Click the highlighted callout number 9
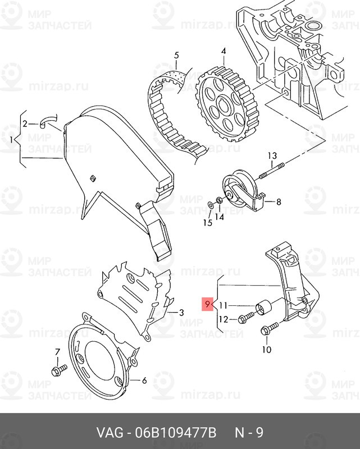(x=207, y=305)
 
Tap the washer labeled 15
(x=209, y=204)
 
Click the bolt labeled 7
(x=58, y=370)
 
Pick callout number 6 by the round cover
(x=144, y=381)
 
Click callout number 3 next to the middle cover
(x=181, y=312)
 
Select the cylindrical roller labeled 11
(x=262, y=309)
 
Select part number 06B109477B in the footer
(x=176, y=433)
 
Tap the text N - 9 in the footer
(x=248, y=433)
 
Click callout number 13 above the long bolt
(x=272, y=155)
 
